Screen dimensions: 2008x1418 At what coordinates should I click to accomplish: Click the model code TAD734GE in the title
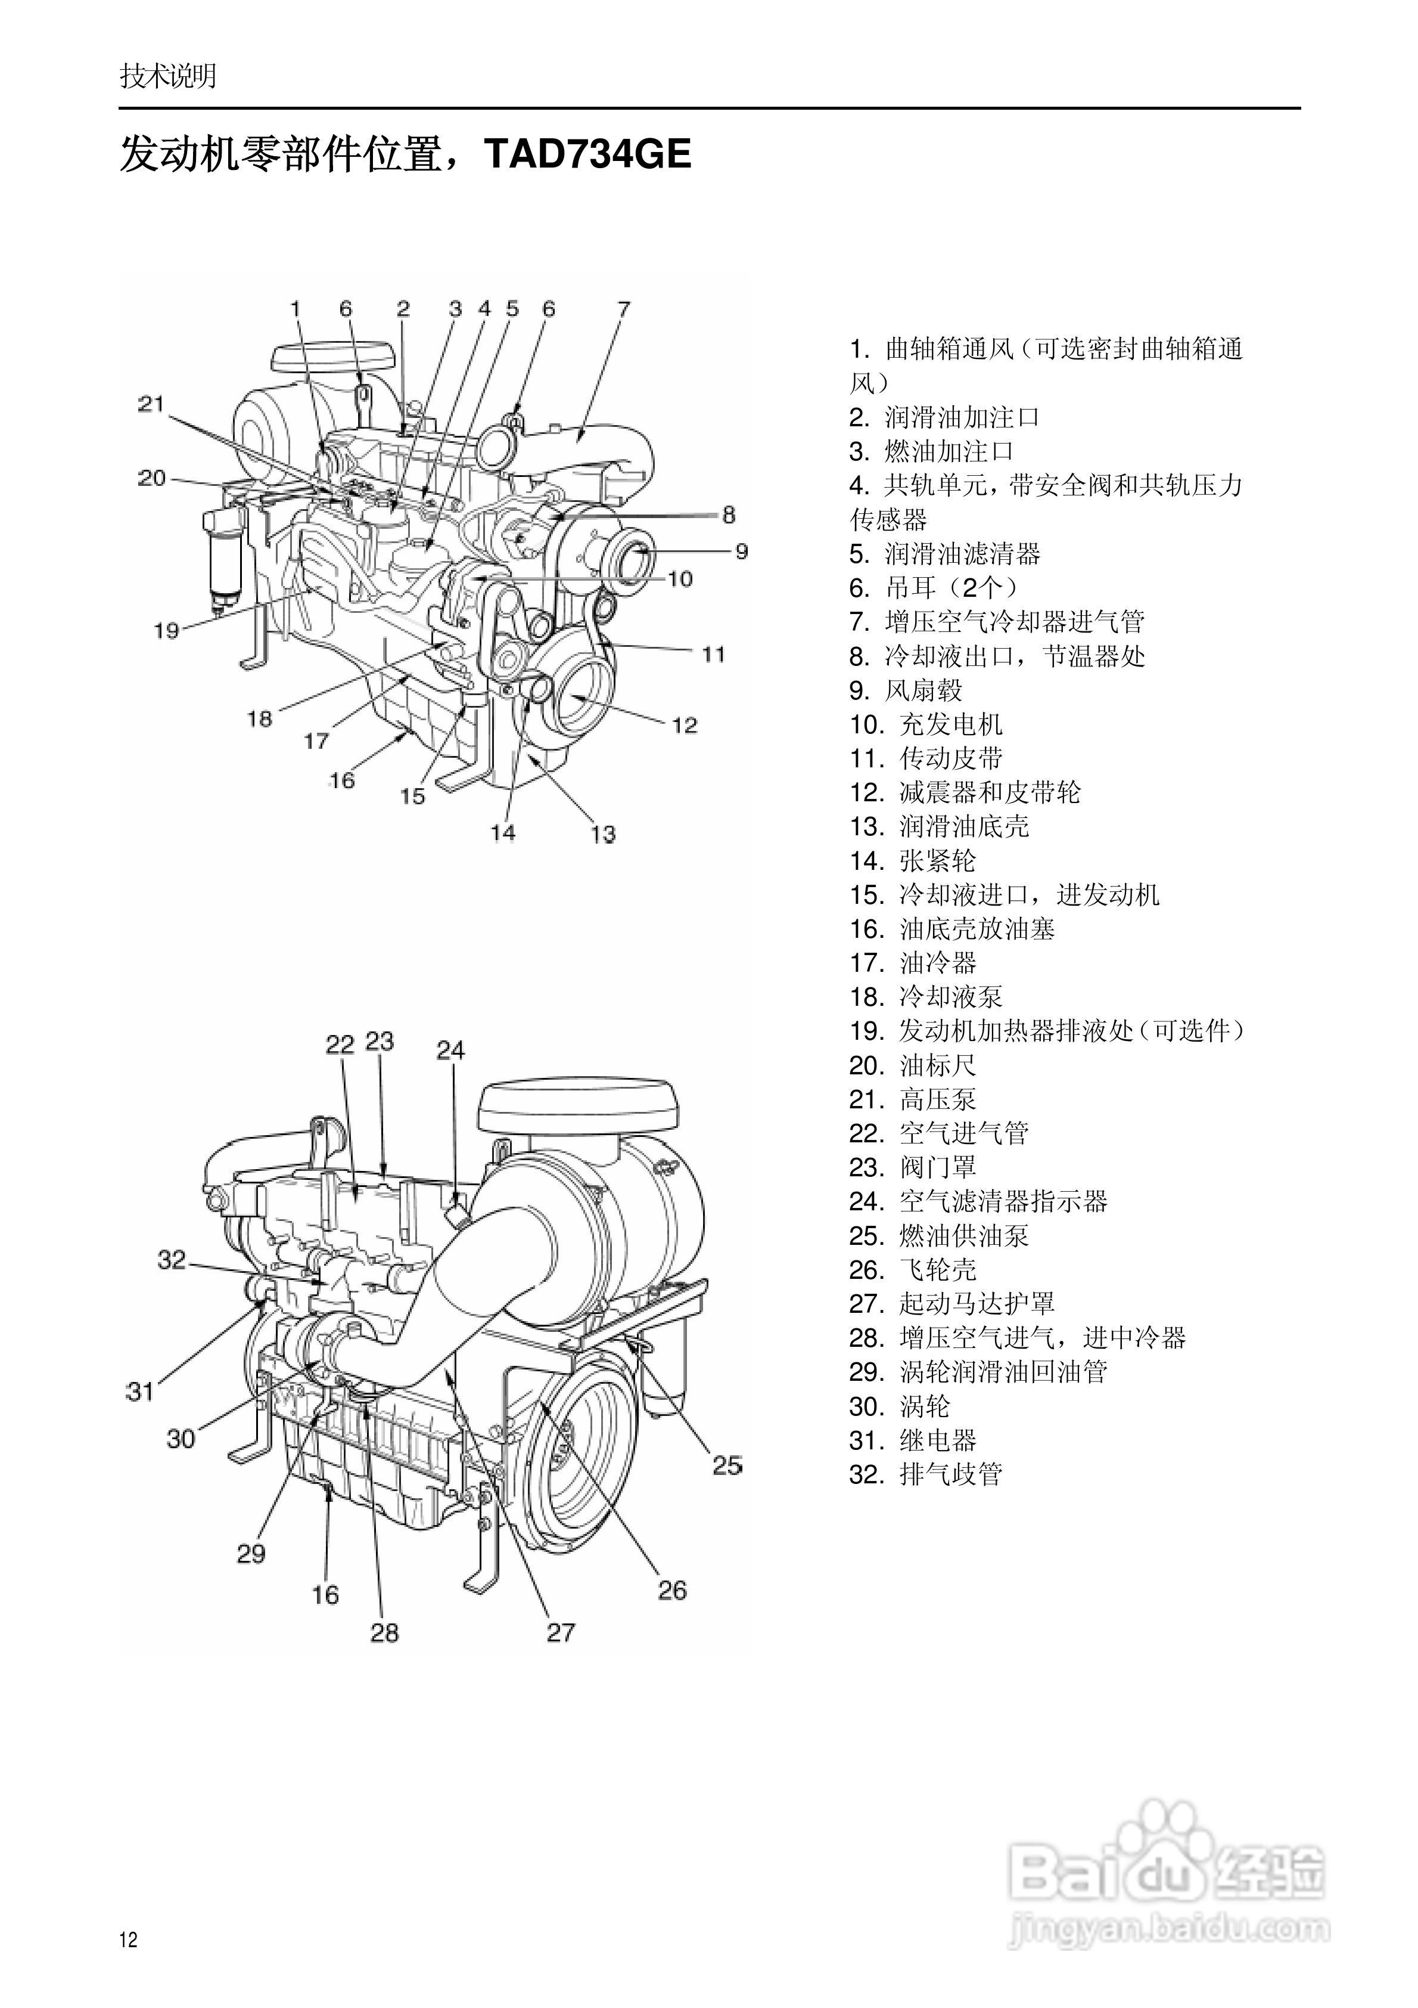[587, 154]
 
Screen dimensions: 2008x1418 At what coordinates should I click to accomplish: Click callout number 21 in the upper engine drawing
[151, 404]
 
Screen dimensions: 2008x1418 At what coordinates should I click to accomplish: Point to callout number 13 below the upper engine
[603, 834]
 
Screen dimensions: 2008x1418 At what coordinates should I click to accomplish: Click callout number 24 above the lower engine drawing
[451, 1049]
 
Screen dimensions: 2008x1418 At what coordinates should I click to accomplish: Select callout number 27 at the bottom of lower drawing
[561, 1632]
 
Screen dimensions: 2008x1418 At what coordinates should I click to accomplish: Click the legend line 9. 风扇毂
[906, 690]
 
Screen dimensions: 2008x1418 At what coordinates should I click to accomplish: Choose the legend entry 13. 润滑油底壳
[939, 826]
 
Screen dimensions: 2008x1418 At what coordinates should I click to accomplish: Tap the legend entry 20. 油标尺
[913, 1065]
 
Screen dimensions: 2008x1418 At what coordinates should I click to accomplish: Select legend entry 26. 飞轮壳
[913, 1270]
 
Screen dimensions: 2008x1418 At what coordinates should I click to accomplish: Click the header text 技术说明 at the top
[168, 76]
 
